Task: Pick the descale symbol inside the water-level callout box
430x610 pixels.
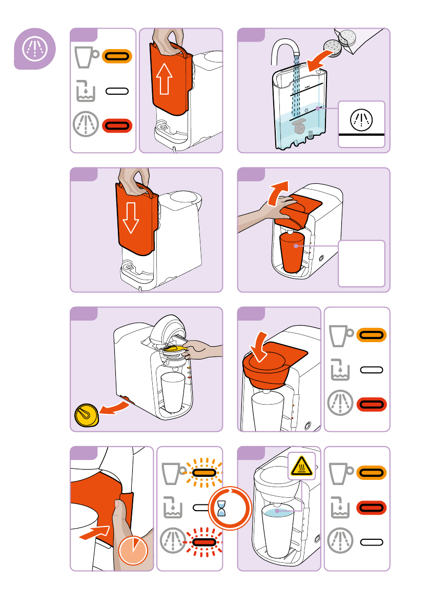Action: (x=361, y=120)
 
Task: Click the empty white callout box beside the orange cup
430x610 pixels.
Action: (x=361, y=263)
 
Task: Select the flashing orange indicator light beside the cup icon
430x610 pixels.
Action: (x=204, y=472)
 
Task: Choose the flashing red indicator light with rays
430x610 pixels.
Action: (x=204, y=539)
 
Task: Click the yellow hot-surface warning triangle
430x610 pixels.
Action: (x=301, y=466)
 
